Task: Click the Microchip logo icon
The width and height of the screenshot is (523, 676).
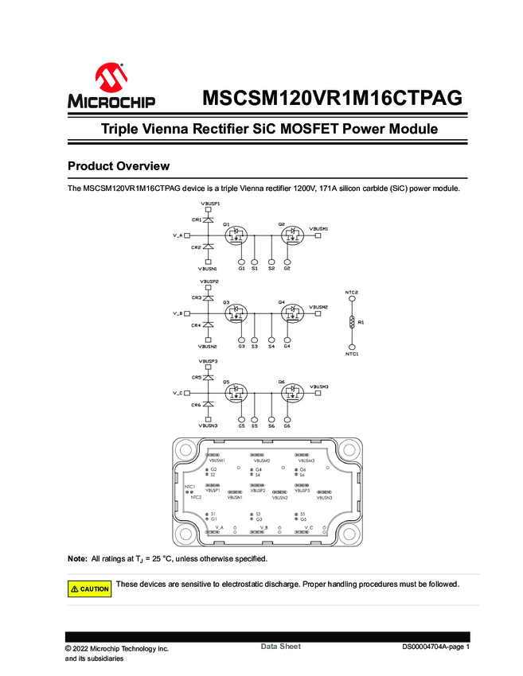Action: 111,79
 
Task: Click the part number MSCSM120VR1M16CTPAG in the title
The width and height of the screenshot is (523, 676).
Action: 332,99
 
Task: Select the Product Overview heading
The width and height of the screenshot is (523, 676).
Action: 119,166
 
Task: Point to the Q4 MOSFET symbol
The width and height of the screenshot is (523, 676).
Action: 292,313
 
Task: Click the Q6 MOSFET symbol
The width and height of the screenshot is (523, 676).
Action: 292,393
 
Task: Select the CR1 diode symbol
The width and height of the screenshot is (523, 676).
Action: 208,220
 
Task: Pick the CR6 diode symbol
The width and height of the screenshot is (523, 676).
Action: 208,406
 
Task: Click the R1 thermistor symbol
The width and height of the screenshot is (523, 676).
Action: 352,323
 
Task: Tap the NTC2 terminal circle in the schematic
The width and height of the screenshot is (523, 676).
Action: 352,300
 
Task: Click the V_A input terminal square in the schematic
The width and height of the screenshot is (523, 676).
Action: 187,235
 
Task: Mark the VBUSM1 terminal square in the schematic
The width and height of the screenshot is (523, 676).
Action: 318,235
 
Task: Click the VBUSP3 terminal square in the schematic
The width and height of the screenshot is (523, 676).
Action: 208,367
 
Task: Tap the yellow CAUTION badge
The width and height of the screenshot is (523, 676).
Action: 90,589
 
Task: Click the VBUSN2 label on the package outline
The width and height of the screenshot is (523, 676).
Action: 279,498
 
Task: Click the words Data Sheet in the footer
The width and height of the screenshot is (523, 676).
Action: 280,647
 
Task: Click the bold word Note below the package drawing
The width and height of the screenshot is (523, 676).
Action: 77,559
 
